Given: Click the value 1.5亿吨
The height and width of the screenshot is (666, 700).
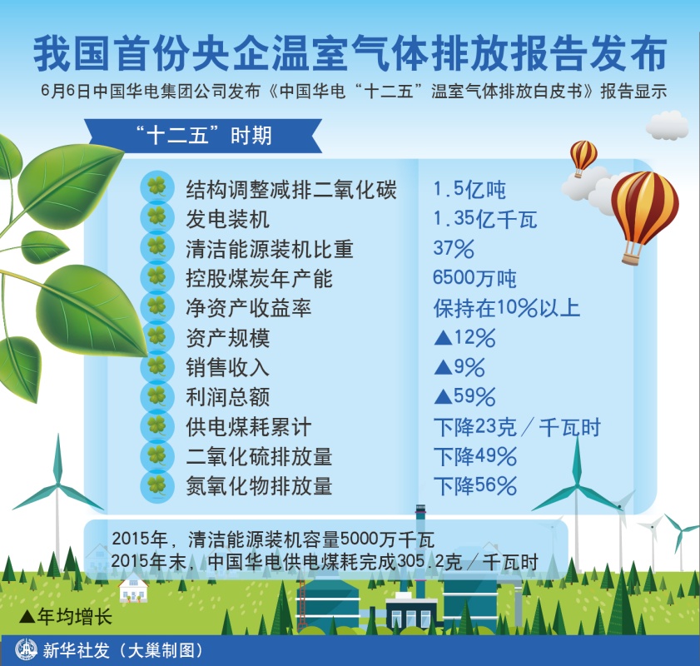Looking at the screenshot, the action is point(469,190).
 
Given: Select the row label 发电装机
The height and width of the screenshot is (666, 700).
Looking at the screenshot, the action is point(228,219).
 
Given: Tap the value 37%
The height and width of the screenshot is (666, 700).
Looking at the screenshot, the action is point(454,249).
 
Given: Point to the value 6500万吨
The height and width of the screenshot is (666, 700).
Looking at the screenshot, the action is point(474,278).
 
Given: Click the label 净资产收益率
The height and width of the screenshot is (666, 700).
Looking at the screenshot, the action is point(249,308).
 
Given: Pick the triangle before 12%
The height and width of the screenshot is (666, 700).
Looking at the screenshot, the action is point(444,338).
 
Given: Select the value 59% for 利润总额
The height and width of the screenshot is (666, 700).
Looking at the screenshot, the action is point(474,396).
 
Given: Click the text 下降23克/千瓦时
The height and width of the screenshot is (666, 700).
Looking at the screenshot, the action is point(518,427).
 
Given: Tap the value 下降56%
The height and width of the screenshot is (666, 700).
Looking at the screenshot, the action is point(475,485).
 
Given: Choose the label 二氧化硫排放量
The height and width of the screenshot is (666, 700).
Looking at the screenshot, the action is point(259,457).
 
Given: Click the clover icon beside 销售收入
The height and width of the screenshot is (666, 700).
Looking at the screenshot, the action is point(157,366).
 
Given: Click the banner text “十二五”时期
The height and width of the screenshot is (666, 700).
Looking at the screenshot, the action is point(204,135).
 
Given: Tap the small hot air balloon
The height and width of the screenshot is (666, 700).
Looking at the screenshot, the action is point(583,158).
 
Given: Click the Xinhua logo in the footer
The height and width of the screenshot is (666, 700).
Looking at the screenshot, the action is point(26,650).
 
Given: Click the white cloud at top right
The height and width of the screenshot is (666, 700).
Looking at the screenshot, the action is point(668,126).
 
